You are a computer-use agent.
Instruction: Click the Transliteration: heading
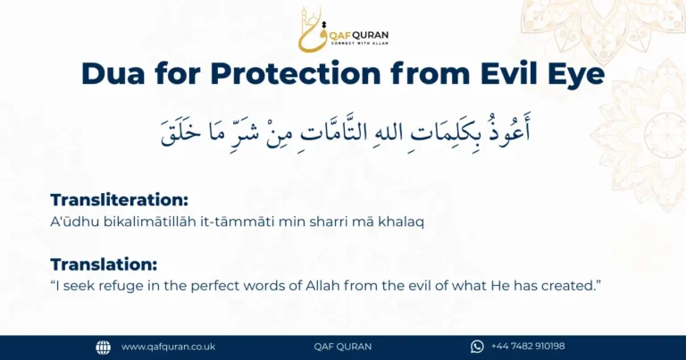119,200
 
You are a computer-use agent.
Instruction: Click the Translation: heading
104,264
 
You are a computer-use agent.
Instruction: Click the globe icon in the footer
104,347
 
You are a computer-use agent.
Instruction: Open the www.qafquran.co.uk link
168,347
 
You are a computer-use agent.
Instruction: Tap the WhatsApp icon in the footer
477,347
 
